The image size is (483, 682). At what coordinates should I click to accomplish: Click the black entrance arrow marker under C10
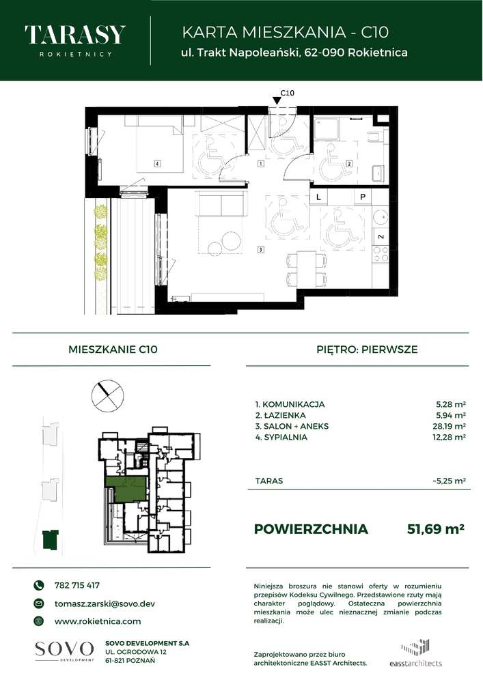tap(276, 102)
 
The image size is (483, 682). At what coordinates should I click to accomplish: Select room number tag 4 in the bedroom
tap(157, 164)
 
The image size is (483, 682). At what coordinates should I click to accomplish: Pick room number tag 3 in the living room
tap(261, 250)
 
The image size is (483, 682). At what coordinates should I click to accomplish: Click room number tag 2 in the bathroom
tap(348, 164)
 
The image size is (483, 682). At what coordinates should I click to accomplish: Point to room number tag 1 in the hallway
tap(261, 165)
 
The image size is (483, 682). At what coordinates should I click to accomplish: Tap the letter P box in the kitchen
tap(363, 197)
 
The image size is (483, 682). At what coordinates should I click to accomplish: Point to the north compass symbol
tap(108, 395)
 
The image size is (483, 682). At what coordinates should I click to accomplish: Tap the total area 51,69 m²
tap(436, 528)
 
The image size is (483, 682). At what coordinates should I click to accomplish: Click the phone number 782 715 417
tap(77, 585)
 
